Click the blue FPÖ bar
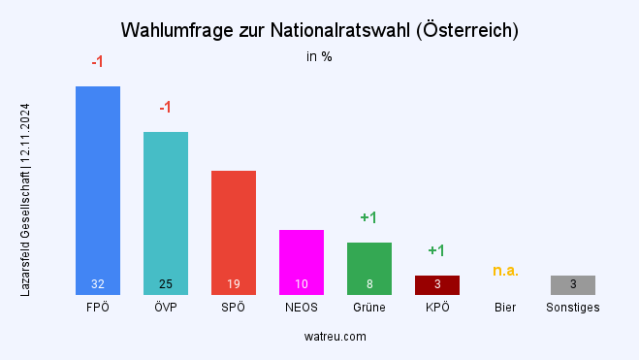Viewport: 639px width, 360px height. tap(98, 184)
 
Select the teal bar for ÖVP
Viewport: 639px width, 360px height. tap(166, 209)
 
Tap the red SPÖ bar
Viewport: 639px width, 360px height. tap(234, 228)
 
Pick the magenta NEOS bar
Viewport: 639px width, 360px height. tap(302, 257)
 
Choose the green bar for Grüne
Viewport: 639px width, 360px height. tap(369, 264)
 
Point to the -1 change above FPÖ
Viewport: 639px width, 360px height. tap(98, 62)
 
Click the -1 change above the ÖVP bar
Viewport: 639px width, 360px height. tap(166, 107)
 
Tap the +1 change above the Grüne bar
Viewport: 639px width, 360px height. tap(369, 217)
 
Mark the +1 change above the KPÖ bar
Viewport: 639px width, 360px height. tap(437, 250)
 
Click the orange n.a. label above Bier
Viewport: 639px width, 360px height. tap(505, 270)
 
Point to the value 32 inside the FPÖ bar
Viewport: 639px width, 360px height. tap(98, 284)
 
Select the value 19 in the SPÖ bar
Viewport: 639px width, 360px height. tap(234, 284)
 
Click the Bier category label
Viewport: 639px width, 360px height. tap(505, 308)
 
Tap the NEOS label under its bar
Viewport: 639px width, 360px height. tap(302, 308)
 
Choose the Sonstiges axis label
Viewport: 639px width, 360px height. tap(573, 308)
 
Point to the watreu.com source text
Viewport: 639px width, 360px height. tap(320, 337)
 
